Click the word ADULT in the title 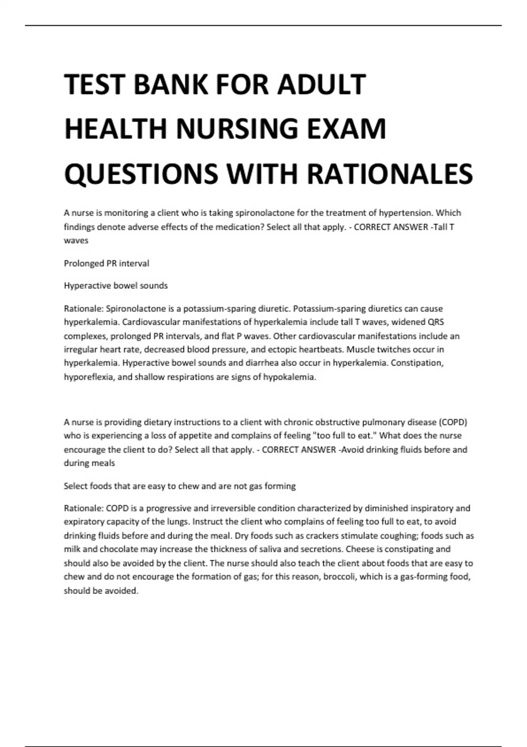[x=321, y=84]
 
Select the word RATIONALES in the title [x=390, y=173]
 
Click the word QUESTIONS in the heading [x=141, y=173]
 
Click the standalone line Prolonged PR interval [x=106, y=264]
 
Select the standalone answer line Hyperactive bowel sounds [x=116, y=286]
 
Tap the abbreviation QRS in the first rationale [x=436, y=322]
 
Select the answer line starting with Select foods [x=180, y=486]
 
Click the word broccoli [x=339, y=577]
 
